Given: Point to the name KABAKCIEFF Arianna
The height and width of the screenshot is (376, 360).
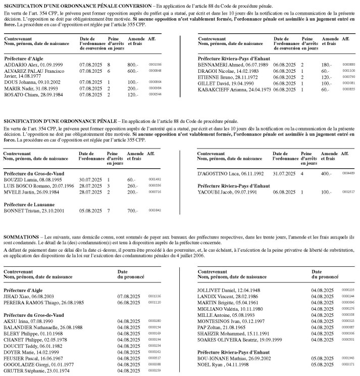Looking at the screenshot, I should (x=220, y=89).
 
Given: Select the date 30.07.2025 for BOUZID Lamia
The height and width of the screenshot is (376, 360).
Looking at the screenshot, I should (x=90, y=179).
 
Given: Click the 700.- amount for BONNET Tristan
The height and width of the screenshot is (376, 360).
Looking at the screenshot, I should (x=132, y=210).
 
